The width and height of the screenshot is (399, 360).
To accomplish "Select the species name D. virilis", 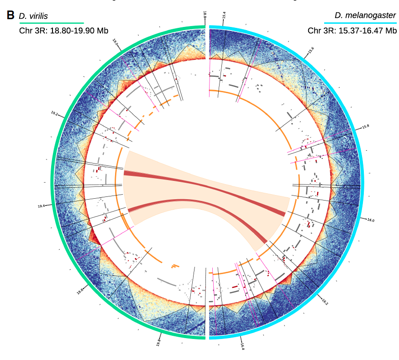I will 33,16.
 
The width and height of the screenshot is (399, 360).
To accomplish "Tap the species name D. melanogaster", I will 365,16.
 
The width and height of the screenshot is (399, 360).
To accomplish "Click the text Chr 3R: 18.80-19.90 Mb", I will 63,31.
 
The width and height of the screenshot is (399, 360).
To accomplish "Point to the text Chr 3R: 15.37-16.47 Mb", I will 352,31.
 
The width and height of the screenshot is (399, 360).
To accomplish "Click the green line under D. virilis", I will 51,23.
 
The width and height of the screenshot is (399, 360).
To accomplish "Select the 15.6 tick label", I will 311,50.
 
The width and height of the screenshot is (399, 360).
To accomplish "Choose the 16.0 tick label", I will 370,220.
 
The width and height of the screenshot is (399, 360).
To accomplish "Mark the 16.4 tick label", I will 242,346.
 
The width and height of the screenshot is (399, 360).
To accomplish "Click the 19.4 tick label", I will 42,206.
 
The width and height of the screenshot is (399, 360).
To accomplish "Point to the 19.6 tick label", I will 80,291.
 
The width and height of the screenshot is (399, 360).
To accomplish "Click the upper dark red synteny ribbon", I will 205,187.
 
